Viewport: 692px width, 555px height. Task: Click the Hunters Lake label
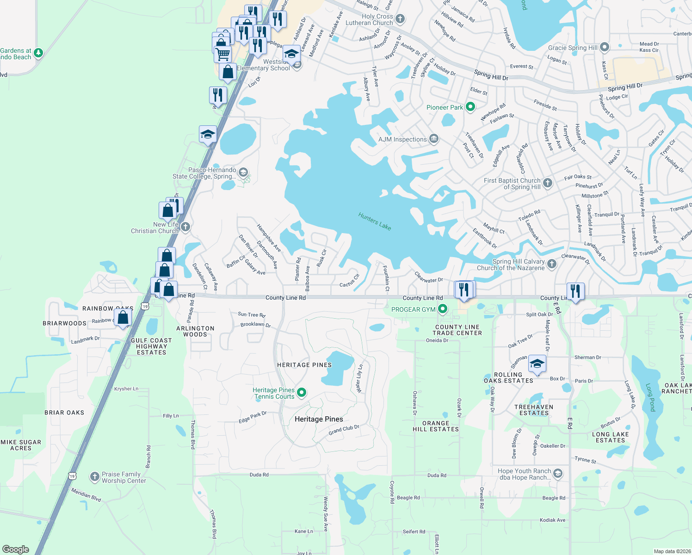pos(375,221)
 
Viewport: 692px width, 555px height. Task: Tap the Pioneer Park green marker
pos(470,107)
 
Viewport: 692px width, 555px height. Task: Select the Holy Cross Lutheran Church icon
pos(400,19)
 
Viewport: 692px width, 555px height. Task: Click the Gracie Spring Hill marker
pos(604,47)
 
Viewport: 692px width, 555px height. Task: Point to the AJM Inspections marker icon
pos(434,139)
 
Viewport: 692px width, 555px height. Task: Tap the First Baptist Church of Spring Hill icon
pos(548,183)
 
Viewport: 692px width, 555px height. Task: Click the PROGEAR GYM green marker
pos(443,309)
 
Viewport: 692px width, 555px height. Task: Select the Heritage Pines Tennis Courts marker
pos(302,393)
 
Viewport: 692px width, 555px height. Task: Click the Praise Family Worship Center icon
pos(94,477)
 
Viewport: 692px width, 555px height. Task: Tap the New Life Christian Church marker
pos(185,227)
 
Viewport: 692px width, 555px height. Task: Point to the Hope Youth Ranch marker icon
pos(558,473)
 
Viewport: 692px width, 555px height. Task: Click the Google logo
pos(16,549)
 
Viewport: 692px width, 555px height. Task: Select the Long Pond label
pos(650,397)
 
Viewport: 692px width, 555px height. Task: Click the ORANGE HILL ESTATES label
pos(436,426)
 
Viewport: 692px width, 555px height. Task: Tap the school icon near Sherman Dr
pos(537,364)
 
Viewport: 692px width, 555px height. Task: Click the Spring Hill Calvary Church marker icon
pos(551,264)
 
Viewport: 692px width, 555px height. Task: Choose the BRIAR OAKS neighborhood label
pos(64,413)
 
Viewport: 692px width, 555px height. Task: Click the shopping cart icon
pos(223,54)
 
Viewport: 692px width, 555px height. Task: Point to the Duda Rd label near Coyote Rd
pos(437,475)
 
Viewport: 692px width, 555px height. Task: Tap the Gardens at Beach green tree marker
pos(38,53)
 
